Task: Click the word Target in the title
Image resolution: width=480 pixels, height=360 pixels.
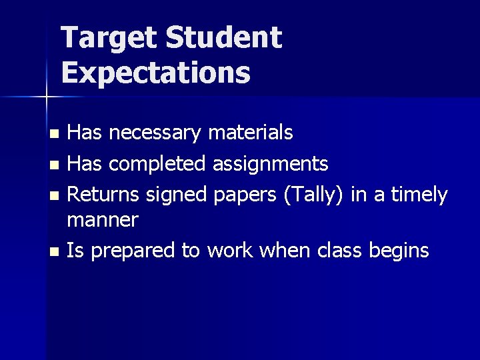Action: click(109, 39)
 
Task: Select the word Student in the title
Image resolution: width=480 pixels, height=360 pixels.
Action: click(223, 39)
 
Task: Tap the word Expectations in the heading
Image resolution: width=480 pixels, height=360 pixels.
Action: click(155, 73)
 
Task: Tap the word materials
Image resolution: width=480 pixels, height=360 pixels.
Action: click(250, 133)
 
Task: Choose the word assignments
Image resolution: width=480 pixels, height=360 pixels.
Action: click(270, 164)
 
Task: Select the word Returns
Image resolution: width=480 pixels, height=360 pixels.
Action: click(104, 195)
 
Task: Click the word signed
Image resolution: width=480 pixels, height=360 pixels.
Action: click(177, 195)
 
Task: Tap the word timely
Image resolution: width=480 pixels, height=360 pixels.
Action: click(419, 195)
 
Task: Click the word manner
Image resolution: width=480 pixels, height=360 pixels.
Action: click(103, 220)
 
